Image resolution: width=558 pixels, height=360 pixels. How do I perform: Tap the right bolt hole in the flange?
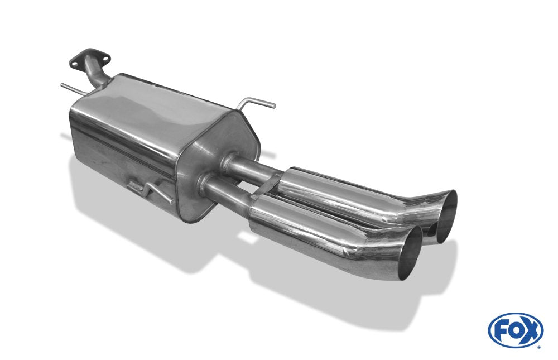[x=103, y=57]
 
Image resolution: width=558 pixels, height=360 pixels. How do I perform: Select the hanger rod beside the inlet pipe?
[x=71, y=87]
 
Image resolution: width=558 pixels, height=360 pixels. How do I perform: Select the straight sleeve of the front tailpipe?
[x=296, y=226]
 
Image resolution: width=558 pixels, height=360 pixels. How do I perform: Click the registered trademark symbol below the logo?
[x=538, y=347]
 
